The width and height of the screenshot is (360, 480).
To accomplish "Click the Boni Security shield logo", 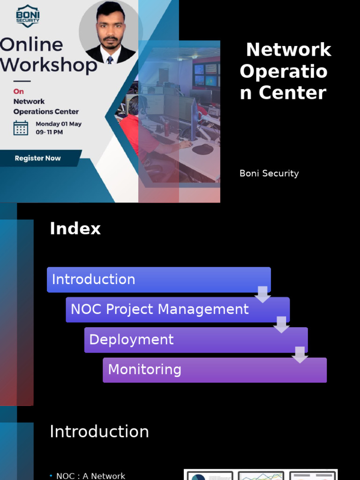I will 28,16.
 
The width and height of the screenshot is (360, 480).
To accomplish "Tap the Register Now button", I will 37,158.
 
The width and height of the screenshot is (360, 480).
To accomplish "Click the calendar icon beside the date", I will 21,127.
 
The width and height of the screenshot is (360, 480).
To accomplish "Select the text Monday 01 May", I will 59,124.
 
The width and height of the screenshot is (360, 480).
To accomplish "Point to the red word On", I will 18,91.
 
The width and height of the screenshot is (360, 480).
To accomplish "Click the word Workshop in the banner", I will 48,65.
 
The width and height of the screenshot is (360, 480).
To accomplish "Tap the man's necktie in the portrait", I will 110,60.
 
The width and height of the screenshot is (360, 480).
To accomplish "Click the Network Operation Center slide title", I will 285,71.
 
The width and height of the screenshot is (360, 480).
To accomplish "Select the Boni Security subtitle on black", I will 269,173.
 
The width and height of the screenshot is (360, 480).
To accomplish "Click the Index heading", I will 75,229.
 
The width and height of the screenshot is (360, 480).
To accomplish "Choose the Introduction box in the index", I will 158,279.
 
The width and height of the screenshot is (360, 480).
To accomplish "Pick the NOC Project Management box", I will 177,309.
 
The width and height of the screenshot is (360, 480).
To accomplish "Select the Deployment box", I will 195,340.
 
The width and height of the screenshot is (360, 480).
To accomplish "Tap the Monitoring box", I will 214,370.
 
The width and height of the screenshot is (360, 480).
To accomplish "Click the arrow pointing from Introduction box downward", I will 262,294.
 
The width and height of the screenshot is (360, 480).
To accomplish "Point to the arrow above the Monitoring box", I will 300,355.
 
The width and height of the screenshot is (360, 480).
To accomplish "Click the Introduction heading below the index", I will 99,432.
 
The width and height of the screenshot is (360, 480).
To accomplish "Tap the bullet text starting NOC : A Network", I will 90,476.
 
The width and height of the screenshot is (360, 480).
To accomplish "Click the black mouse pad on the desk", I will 202,149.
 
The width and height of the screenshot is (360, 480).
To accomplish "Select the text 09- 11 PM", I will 49,132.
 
